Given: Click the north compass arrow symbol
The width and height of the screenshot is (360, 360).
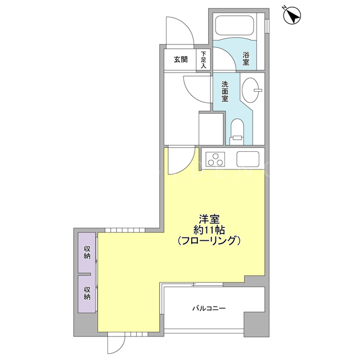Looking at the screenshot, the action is (292, 15).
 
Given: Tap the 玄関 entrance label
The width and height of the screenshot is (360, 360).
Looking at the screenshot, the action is (181, 60).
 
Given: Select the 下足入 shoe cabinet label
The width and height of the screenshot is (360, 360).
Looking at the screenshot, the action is (204, 60).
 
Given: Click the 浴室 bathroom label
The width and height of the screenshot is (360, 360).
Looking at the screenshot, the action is (246, 58).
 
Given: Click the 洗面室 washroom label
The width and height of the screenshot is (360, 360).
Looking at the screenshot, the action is (225, 91).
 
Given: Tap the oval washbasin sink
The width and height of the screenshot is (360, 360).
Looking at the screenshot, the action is (251, 90).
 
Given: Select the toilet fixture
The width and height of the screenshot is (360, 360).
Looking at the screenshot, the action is (237, 132).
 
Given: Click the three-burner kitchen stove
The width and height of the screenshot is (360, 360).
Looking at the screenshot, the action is (215, 159).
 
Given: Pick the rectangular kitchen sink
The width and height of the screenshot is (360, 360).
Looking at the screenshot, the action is (248, 159).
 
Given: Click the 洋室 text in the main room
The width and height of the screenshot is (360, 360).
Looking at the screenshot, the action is (209, 219).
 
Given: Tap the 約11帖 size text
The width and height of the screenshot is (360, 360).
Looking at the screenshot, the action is (209, 229).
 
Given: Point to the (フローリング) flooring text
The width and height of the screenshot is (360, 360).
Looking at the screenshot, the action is (209, 240).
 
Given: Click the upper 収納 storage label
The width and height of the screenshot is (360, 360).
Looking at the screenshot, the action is (87, 253).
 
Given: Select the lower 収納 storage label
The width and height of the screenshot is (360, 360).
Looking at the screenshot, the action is (87, 292).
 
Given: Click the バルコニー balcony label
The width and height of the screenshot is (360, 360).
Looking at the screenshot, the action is (209, 308).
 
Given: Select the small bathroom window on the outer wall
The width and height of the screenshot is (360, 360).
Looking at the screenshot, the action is (267, 26).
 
